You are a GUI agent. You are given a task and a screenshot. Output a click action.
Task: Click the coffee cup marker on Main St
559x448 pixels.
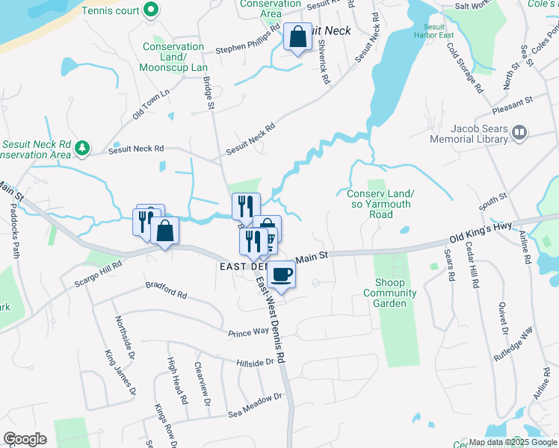(x=281, y=274)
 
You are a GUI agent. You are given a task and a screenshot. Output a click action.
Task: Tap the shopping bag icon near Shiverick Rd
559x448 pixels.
(x=297, y=37)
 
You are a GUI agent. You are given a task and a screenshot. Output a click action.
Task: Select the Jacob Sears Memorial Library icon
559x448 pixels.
(x=519, y=134)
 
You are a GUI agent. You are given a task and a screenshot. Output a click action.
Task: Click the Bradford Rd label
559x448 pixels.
(x=166, y=289)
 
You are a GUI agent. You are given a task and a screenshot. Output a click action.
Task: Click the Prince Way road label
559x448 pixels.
(x=248, y=331)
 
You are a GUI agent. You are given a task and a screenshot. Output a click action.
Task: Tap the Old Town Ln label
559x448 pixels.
(x=152, y=104)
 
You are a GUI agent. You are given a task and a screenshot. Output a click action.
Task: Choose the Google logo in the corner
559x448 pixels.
(x=25, y=439)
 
